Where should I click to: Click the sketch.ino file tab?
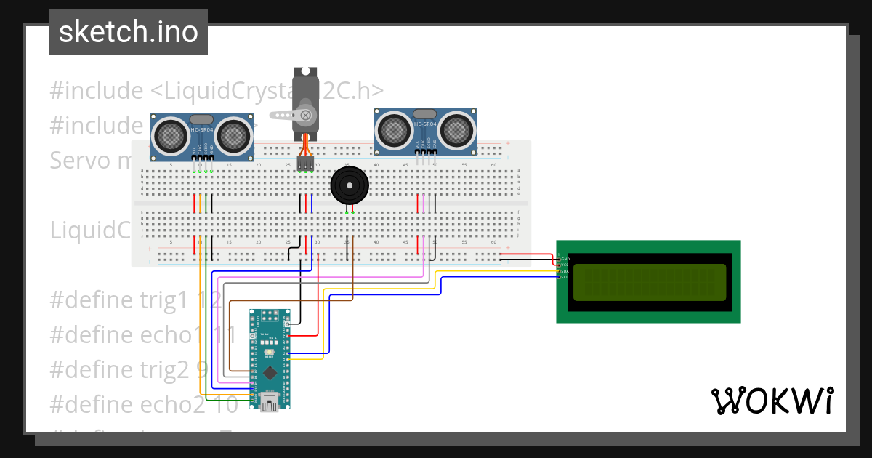128,32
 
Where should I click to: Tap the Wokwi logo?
771,401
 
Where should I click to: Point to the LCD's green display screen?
649,282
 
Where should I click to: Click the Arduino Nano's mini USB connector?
272,402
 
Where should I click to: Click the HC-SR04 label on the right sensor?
426,124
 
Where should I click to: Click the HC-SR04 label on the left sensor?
203,129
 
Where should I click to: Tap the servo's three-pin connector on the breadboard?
305,164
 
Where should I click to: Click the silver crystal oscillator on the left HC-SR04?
202,118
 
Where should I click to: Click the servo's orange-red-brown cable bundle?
306,145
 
